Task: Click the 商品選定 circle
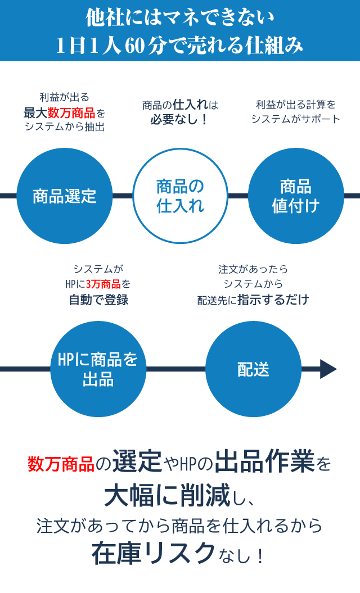[x=65, y=196]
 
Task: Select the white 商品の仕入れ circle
[x=180, y=196]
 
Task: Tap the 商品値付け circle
[x=296, y=196]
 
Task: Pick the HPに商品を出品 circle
[x=98, y=369]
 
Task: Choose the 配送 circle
[x=253, y=369]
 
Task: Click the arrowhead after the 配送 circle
[x=328, y=369]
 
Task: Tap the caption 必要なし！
[x=179, y=119]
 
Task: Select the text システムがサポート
[x=296, y=119]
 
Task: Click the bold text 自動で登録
[x=98, y=300]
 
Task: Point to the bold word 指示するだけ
[x=273, y=300]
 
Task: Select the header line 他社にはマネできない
[x=180, y=19]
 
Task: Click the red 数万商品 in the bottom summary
[x=61, y=464]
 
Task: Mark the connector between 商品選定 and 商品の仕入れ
[x=123, y=196]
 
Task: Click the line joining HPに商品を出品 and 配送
[x=175, y=369]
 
